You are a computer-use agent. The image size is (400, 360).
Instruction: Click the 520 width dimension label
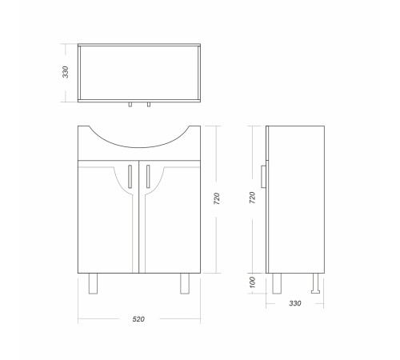(138, 319)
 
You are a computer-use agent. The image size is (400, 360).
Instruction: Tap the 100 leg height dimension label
(252, 282)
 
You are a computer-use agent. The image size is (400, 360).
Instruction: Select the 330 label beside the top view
(66, 72)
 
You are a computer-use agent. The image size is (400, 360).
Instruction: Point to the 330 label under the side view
(295, 303)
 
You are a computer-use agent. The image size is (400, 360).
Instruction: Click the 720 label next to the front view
(217, 198)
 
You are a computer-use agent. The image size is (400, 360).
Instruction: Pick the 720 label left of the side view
(252, 198)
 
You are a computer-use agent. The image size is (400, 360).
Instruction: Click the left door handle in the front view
(130, 176)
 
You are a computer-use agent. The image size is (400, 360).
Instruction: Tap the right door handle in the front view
(148, 176)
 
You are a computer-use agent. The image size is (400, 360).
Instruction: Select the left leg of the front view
(93, 283)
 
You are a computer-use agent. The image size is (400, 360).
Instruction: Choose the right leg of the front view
(185, 283)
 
